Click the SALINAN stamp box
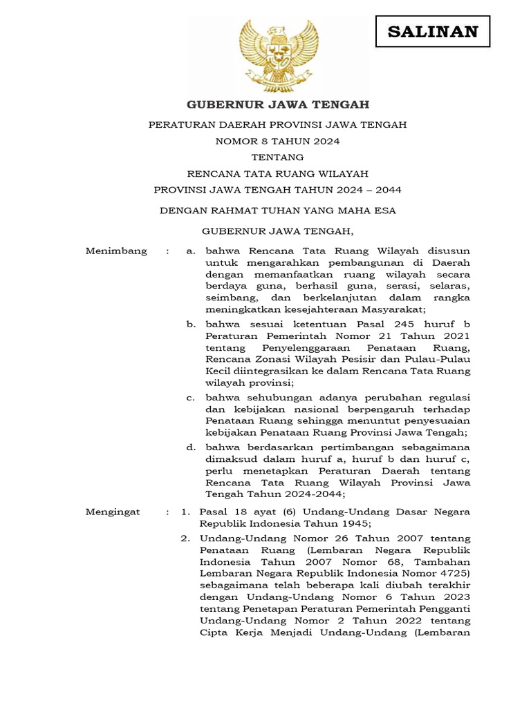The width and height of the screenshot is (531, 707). pyautogui.click(x=433, y=32)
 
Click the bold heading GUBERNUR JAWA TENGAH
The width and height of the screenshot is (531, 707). pyautogui.click(x=278, y=105)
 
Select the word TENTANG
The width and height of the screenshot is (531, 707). pyautogui.click(x=278, y=157)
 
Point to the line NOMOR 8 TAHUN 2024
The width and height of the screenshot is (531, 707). pyautogui.click(x=278, y=141)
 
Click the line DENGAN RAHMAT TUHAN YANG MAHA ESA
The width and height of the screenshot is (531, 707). pyautogui.click(x=278, y=211)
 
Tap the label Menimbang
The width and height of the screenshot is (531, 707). pyautogui.click(x=116, y=251)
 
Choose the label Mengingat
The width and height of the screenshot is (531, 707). pyautogui.click(x=113, y=512)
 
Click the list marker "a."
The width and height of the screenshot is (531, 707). pyautogui.click(x=192, y=251)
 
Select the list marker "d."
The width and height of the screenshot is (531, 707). pyautogui.click(x=192, y=447)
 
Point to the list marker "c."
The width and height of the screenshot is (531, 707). pyautogui.click(x=192, y=398)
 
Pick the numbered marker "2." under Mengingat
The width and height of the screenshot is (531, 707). pyautogui.click(x=185, y=538)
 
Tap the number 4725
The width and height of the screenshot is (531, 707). pyautogui.click(x=453, y=573)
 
